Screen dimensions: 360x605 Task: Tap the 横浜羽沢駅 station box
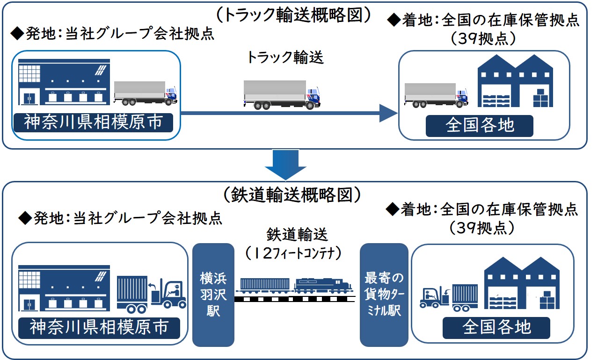click(x=213, y=295)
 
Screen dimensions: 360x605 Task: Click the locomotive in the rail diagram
click(x=323, y=286)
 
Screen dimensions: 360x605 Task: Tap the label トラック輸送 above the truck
click(x=285, y=58)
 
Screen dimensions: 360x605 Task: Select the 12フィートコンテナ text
click(x=293, y=254)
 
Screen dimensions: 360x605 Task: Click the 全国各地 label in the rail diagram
click(x=496, y=327)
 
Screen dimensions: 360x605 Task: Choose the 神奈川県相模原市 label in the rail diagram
click(x=99, y=327)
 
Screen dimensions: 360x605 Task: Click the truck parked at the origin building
click(x=146, y=93)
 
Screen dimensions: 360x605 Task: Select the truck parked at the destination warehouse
click(x=436, y=95)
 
